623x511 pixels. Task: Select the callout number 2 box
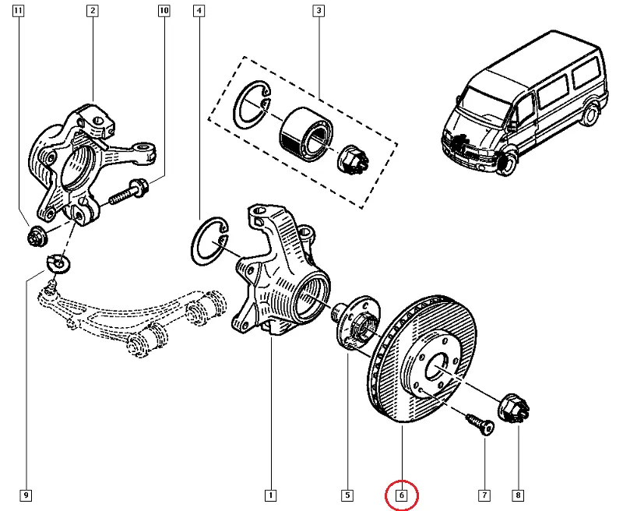pyautogui.click(x=93, y=11)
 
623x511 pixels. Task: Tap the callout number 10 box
pyautogui.click(x=164, y=11)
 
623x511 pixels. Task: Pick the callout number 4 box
pyautogui.click(x=200, y=11)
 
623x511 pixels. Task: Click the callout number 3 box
pyautogui.click(x=318, y=11)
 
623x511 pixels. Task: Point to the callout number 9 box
pyautogui.click(x=26, y=495)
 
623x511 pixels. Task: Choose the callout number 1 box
pyautogui.click(x=270, y=495)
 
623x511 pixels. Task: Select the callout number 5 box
pyautogui.click(x=347, y=495)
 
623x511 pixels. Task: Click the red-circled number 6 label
pyautogui.click(x=402, y=495)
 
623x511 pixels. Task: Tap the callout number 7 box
pyautogui.click(x=484, y=495)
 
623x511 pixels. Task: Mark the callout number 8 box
pyautogui.click(x=518, y=495)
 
